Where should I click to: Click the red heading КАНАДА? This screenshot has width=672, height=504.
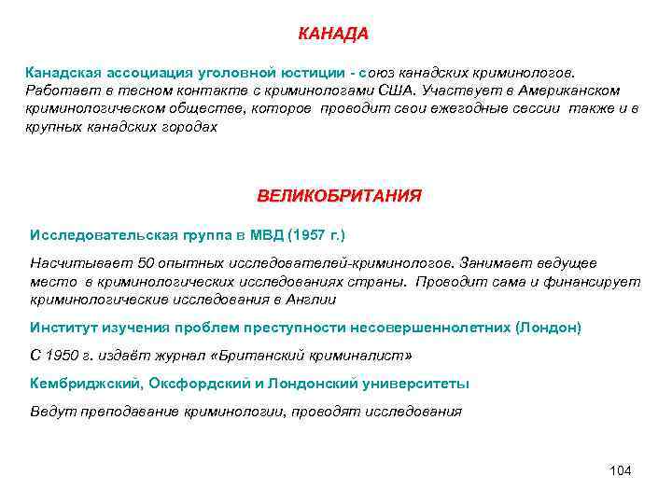pos(333,35)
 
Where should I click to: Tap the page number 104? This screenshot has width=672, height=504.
pos(620,469)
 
